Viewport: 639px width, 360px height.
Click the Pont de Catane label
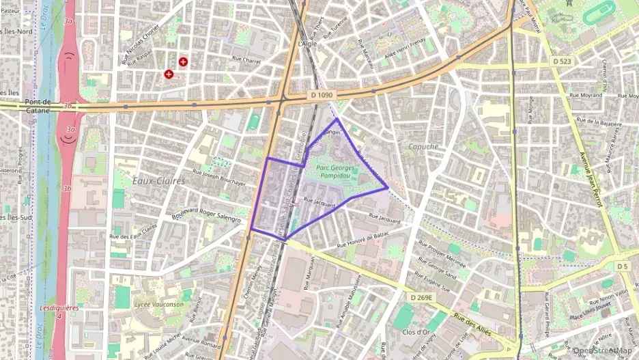pos(38,105)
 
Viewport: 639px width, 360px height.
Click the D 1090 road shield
pos(320,95)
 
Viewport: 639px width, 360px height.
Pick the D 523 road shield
pos(561,61)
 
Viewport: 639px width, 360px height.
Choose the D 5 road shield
pos(621,266)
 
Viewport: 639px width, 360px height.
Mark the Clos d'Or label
pos(416,332)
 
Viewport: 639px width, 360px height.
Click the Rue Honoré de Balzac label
pos(363,240)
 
